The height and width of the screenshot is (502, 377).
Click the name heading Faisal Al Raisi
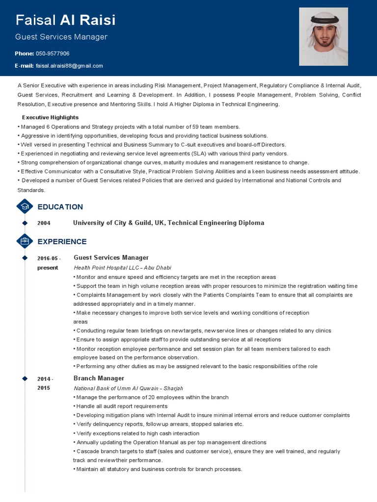tap(66, 20)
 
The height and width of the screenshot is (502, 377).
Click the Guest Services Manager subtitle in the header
tap(61, 37)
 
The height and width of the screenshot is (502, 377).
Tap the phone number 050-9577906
tap(53, 53)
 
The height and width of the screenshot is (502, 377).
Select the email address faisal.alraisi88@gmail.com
tap(69, 66)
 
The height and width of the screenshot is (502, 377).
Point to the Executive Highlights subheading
tap(50, 118)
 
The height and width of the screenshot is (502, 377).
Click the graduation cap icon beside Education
tap(25, 206)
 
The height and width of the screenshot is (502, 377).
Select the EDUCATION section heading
tap(60, 207)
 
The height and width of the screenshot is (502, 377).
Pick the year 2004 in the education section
tap(44, 223)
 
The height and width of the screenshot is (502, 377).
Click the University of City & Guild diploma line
tap(168, 223)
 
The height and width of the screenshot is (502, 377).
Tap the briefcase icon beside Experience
tap(25, 241)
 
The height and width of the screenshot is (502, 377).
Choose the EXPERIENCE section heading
tap(62, 242)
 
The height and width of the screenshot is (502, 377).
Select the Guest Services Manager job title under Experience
tap(111, 257)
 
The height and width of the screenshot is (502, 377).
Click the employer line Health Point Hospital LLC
tap(122, 268)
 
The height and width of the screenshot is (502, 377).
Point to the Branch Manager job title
tap(99, 378)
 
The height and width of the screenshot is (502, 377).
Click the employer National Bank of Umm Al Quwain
tap(128, 388)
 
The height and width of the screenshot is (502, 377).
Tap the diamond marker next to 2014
tap(25, 378)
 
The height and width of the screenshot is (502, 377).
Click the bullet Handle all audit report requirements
tap(121, 406)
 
